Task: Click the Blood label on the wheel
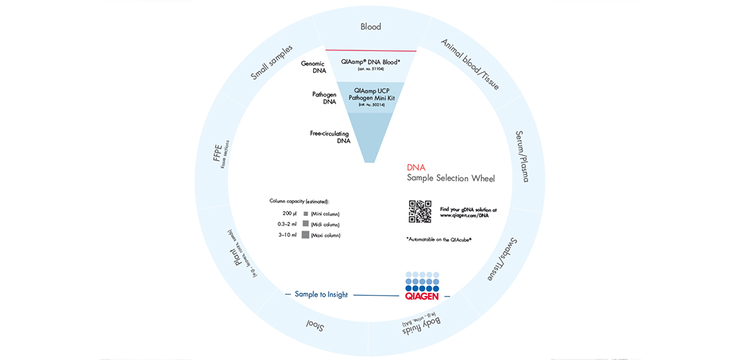(370, 27)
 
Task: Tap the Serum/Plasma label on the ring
(532, 156)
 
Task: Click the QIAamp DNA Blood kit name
(370, 63)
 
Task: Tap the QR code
(420, 212)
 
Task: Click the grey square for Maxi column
(305, 235)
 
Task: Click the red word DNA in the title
(416, 166)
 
